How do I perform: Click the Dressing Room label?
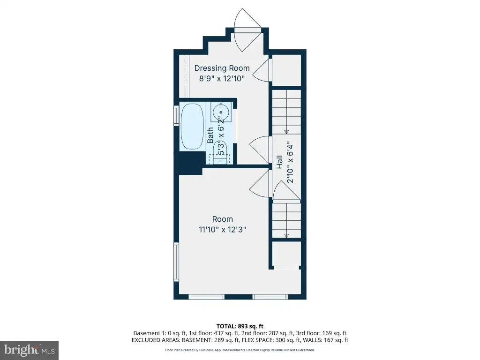(x=222, y=68)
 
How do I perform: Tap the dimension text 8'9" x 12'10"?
(x=222, y=78)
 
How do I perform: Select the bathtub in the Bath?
(x=192, y=127)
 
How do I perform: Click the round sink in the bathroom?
(x=221, y=112)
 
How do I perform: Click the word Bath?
(x=210, y=135)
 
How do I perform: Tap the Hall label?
(x=279, y=162)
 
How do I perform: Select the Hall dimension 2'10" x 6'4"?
(x=290, y=164)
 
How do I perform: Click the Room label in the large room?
(x=223, y=219)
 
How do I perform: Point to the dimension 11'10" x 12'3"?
(x=223, y=230)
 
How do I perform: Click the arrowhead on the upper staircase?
(x=286, y=132)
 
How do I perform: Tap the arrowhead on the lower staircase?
(x=286, y=235)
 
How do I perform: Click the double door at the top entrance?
(x=247, y=30)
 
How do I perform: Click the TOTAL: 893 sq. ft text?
(x=240, y=326)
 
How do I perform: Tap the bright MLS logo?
(x=29, y=350)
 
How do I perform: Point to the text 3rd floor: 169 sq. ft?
(x=322, y=333)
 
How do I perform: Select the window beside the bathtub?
(x=176, y=116)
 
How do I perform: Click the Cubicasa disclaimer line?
(x=240, y=350)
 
